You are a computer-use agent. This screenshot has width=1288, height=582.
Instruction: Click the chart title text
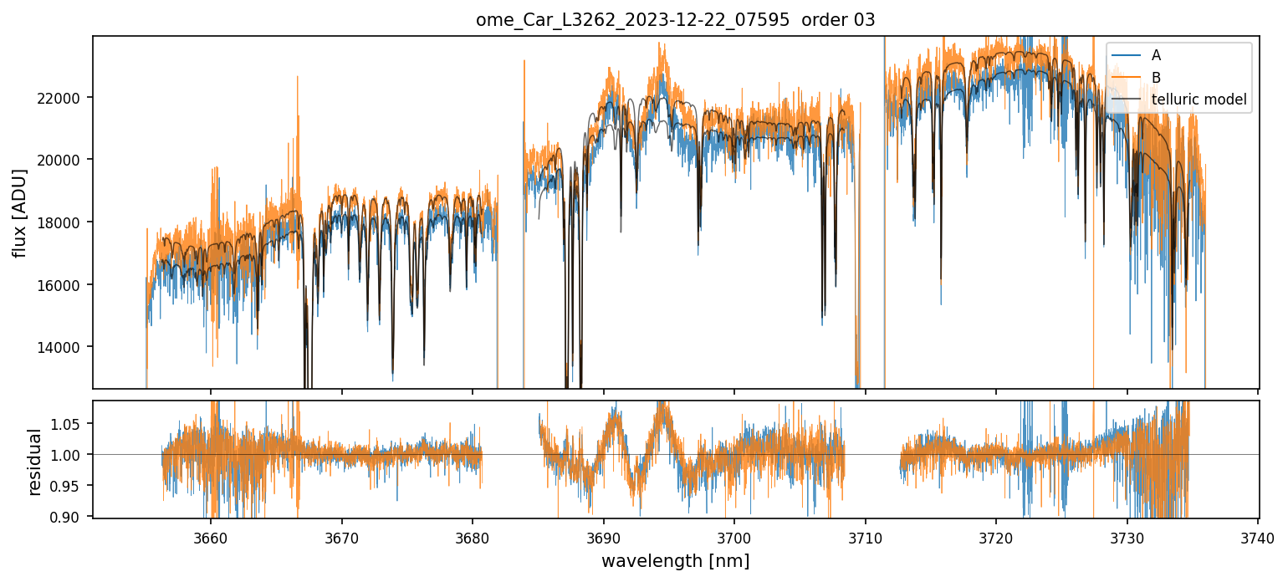pos(675,20)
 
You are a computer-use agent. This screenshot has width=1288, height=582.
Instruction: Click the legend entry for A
pos(1156,55)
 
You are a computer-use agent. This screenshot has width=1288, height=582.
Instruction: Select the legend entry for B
pos(1156,78)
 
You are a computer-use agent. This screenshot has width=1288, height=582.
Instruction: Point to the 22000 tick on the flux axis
pos(64,98)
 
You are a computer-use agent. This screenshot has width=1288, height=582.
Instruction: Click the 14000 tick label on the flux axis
pos(64,348)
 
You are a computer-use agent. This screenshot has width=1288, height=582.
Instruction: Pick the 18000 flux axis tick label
pos(64,222)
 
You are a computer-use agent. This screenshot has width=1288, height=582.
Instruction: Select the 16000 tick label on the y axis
pos(64,285)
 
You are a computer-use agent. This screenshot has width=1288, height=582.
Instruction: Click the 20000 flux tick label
pos(64,160)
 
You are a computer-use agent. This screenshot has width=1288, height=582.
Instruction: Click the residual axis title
pos(34,462)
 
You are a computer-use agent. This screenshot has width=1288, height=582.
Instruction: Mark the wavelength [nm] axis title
pos(675,560)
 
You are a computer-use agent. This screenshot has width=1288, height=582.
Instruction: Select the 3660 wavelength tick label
pos(211,535)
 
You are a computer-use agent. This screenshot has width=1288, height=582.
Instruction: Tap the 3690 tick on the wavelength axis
pos(604,535)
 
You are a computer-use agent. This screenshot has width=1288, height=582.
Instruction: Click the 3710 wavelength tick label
pos(866,535)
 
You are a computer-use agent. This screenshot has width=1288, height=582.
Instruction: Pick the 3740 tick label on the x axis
pos(1259,535)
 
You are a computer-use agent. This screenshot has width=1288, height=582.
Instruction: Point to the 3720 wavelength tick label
pos(997,535)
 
